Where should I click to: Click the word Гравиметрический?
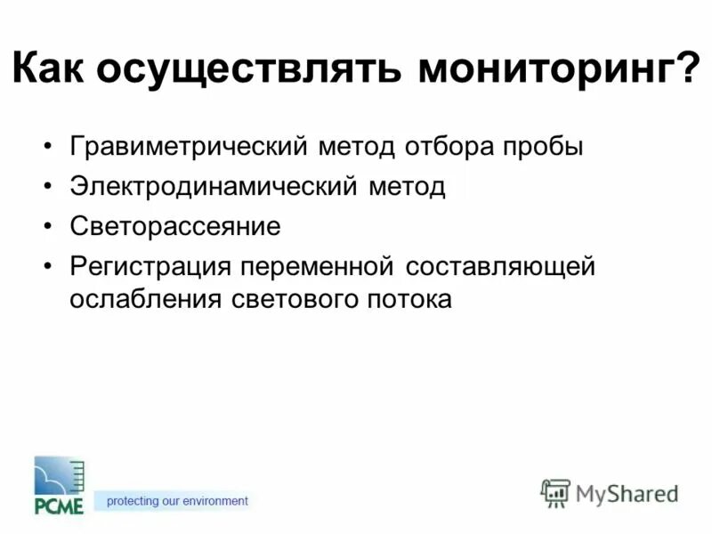[189, 147]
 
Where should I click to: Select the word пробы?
[544, 147]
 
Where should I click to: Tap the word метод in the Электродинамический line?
[405, 187]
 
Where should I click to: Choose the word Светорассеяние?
[175, 227]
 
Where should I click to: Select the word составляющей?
[498, 266]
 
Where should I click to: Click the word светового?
[282, 299]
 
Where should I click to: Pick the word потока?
[409, 299]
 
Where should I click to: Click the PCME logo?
[59, 485]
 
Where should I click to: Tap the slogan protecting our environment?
[177, 501]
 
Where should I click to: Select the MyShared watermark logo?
[610, 492]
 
